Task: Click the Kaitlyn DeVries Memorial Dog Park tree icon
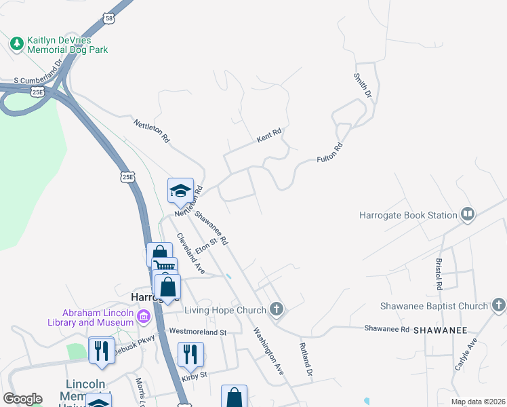[x=17, y=43]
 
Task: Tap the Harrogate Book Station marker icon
[x=467, y=215]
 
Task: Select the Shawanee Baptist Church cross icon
[x=499, y=306]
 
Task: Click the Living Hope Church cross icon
[x=275, y=310]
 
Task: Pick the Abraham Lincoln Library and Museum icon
[x=143, y=317]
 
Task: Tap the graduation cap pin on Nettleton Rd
[x=181, y=191]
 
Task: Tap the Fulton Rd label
[x=330, y=153]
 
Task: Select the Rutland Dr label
[x=306, y=360]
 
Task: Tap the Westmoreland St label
[x=197, y=332]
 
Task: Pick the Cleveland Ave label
[x=190, y=253]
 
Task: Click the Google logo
[x=22, y=399]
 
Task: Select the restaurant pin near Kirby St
[x=190, y=353]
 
